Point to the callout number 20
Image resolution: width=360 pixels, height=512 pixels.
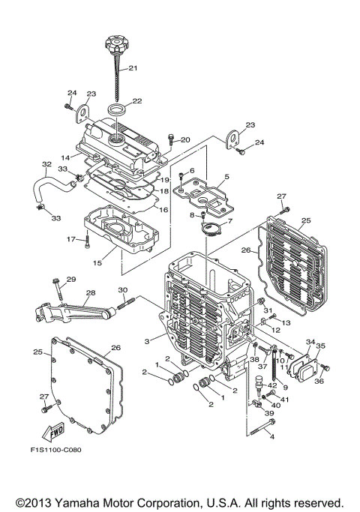[x=185, y=140]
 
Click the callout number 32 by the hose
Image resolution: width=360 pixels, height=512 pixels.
[x=46, y=164]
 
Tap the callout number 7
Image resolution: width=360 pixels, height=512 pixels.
[x=229, y=221]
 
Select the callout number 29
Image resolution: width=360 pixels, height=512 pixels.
[x=71, y=280]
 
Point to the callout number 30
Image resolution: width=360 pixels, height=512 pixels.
[x=122, y=290]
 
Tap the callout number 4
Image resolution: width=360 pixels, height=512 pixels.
[x=272, y=437]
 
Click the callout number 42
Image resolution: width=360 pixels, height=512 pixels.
[x=273, y=385]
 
